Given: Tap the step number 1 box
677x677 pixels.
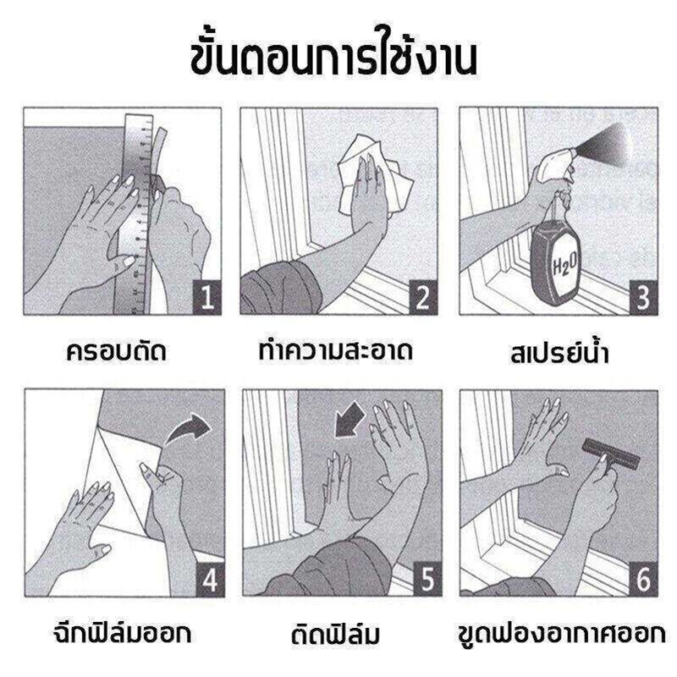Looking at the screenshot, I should tap(206, 297).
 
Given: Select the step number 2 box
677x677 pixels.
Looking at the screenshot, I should tap(422, 297).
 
